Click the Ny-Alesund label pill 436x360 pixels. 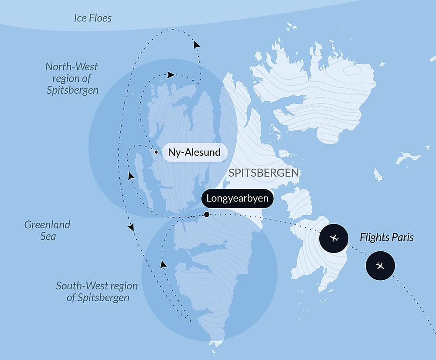(x=194, y=153)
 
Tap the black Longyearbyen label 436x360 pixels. (x=238, y=199)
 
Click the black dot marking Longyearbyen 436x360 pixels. (x=207, y=214)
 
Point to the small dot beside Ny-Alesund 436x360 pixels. (x=156, y=152)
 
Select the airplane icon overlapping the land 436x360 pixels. (x=334, y=238)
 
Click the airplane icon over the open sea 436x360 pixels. (x=380, y=265)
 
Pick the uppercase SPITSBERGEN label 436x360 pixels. (x=264, y=173)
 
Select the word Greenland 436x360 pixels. (x=47, y=225)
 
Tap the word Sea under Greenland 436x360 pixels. (x=47, y=237)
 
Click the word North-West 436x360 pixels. (x=72, y=67)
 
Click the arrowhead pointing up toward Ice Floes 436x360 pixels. (x=197, y=44)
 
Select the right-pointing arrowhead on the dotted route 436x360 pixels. (x=171, y=75)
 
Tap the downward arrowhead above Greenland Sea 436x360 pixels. (x=130, y=227)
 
